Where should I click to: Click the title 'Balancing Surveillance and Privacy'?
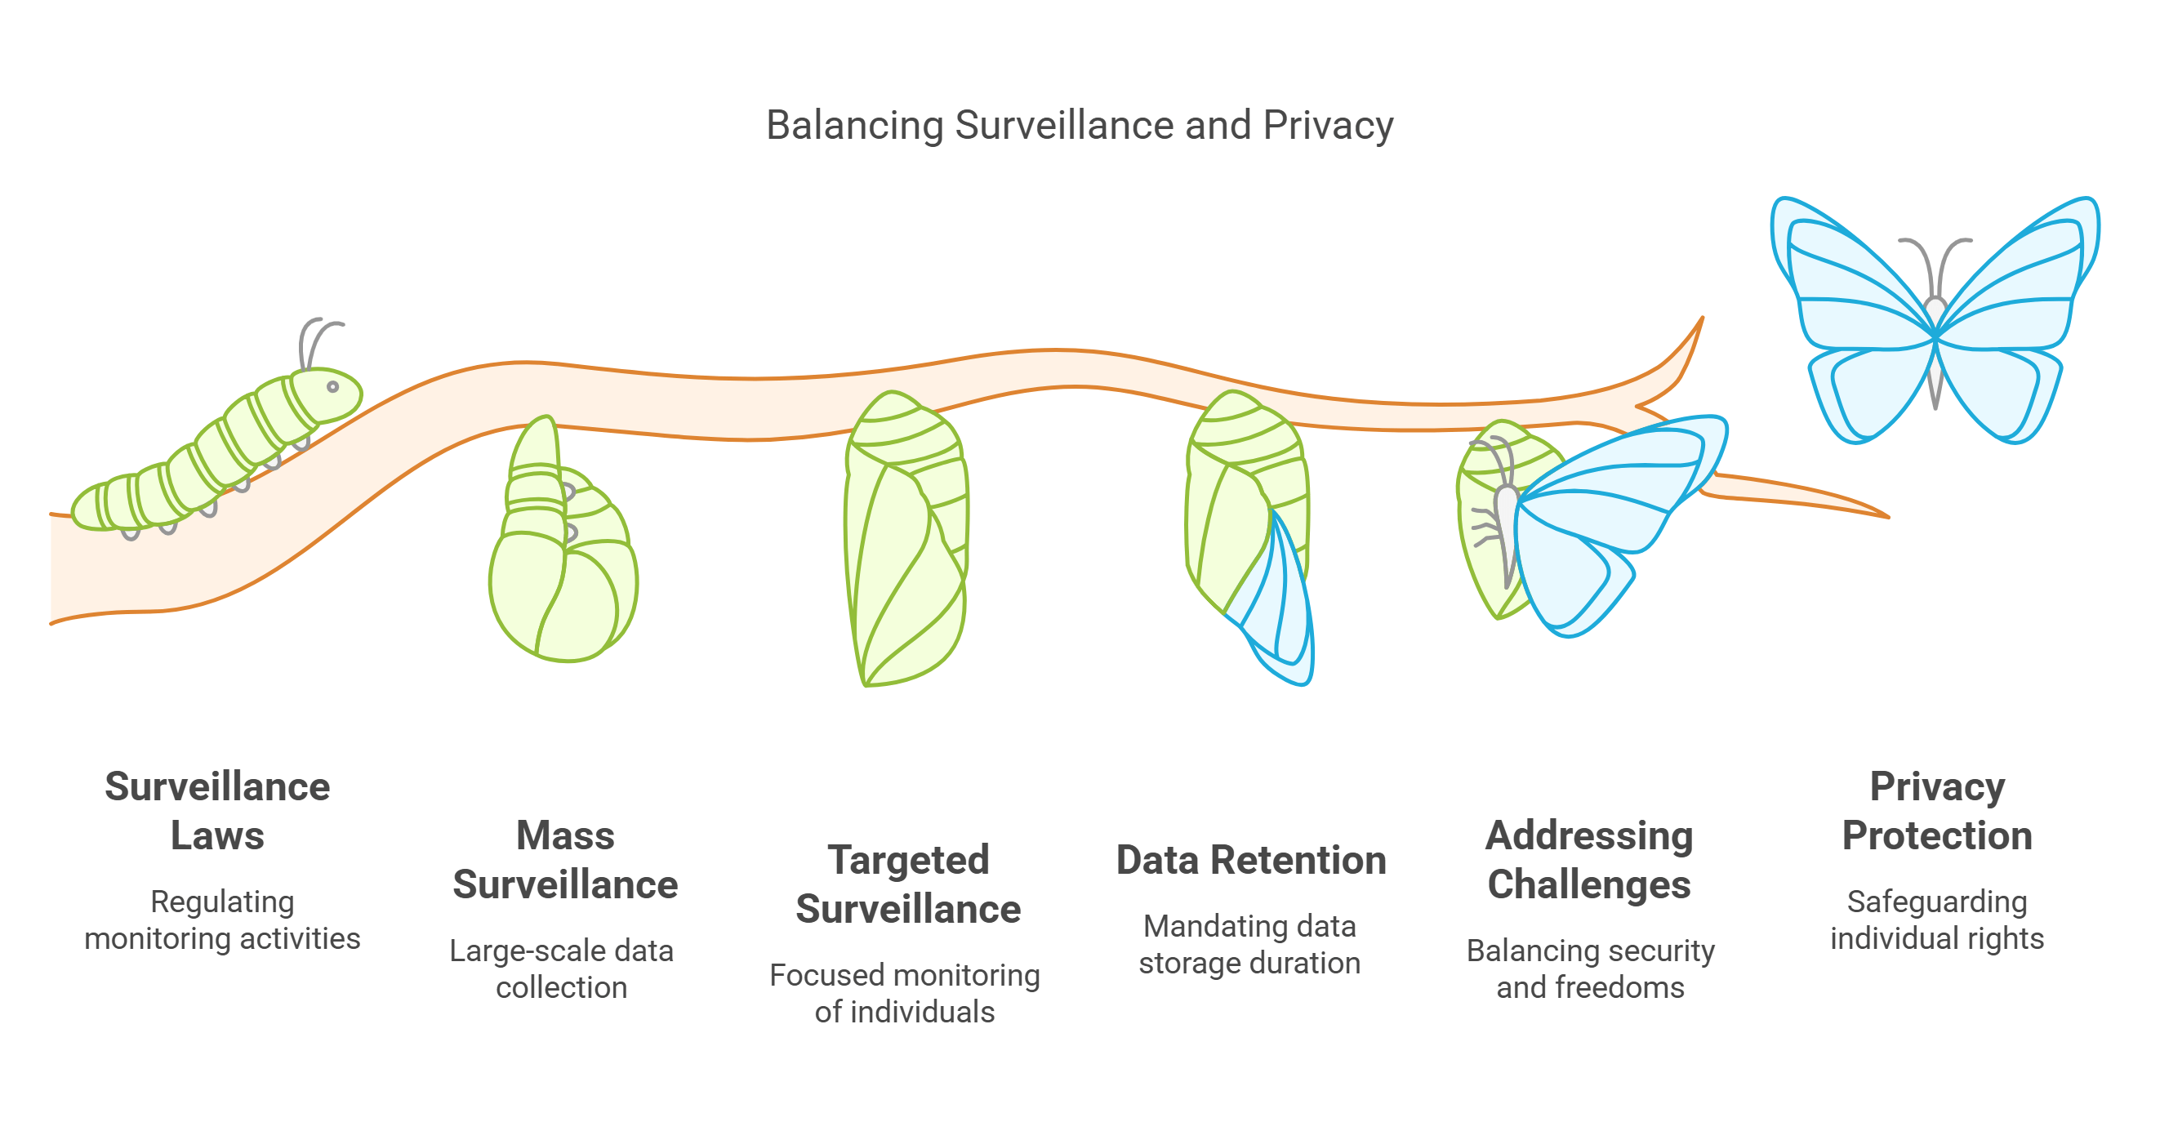pos(1079,126)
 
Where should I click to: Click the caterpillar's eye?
pos(333,386)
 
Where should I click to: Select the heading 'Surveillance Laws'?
pos(217,811)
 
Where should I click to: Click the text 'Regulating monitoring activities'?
pos(222,919)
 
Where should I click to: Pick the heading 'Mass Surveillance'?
pos(565,859)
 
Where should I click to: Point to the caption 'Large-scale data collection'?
pos(562,968)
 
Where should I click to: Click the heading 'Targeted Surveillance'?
pos(908,884)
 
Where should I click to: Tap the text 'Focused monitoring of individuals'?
pos(905,993)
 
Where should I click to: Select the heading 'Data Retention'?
pos(1250,860)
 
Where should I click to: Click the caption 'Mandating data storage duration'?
pos(1249,944)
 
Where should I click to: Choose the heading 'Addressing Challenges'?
pos(1589,859)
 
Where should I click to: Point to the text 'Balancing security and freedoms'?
pos(1590,968)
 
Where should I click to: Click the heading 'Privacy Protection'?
pos(1937,811)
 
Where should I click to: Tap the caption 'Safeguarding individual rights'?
pos(1937,919)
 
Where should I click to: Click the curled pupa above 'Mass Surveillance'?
pos(562,562)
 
